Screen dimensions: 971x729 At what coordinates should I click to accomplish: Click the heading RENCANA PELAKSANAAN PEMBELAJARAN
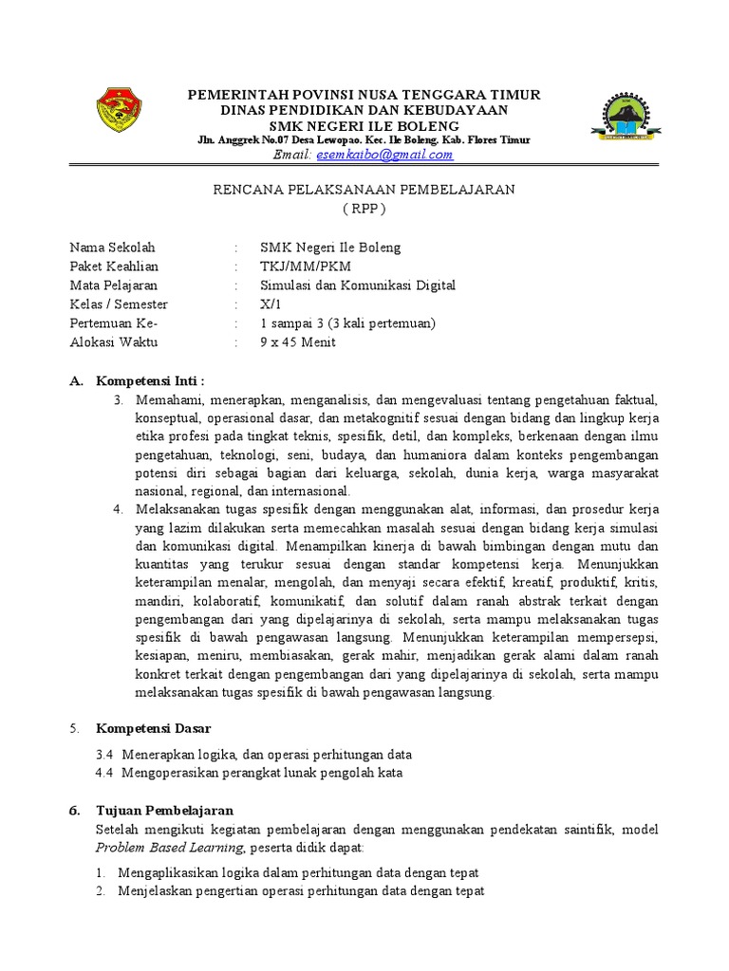(364, 190)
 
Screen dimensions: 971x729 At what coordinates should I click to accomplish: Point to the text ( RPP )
(364, 208)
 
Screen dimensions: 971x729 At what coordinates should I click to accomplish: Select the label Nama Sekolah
(111, 247)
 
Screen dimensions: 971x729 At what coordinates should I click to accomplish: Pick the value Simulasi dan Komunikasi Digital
(358, 285)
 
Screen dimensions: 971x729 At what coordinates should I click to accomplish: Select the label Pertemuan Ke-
(113, 323)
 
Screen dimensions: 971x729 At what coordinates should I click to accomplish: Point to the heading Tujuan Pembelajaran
(163, 811)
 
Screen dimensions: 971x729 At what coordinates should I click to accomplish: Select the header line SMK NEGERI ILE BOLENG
(364, 126)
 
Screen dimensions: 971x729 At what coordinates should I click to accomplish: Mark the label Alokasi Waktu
(114, 342)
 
